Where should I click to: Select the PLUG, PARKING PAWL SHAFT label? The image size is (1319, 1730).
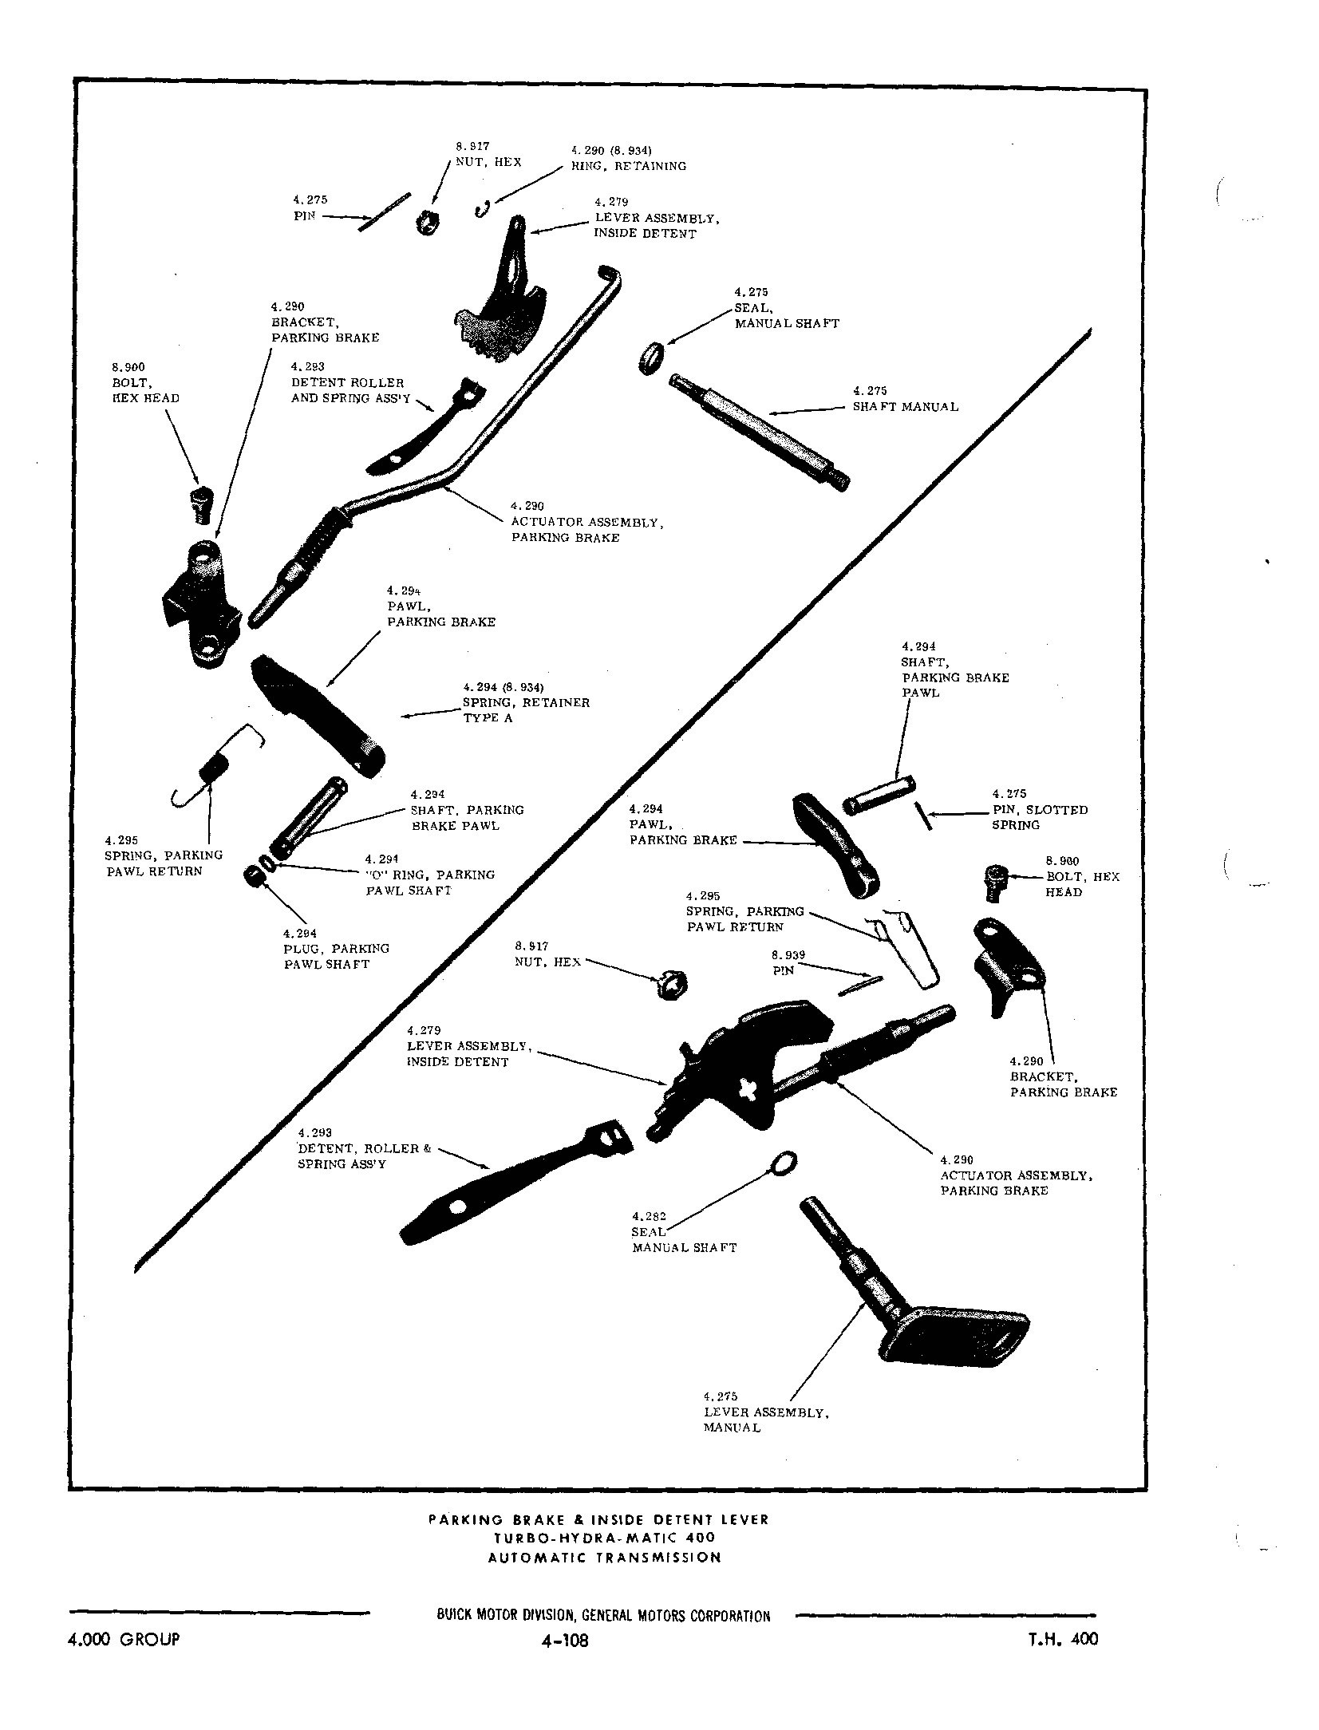click(336, 948)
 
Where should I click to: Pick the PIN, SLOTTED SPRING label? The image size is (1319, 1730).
click(1039, 809)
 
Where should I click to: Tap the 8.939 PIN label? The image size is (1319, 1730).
click(788, 962)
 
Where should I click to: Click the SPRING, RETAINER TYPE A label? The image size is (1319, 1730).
click(525, 702)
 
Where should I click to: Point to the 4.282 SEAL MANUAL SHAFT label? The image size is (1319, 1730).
click(684, 1232)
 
